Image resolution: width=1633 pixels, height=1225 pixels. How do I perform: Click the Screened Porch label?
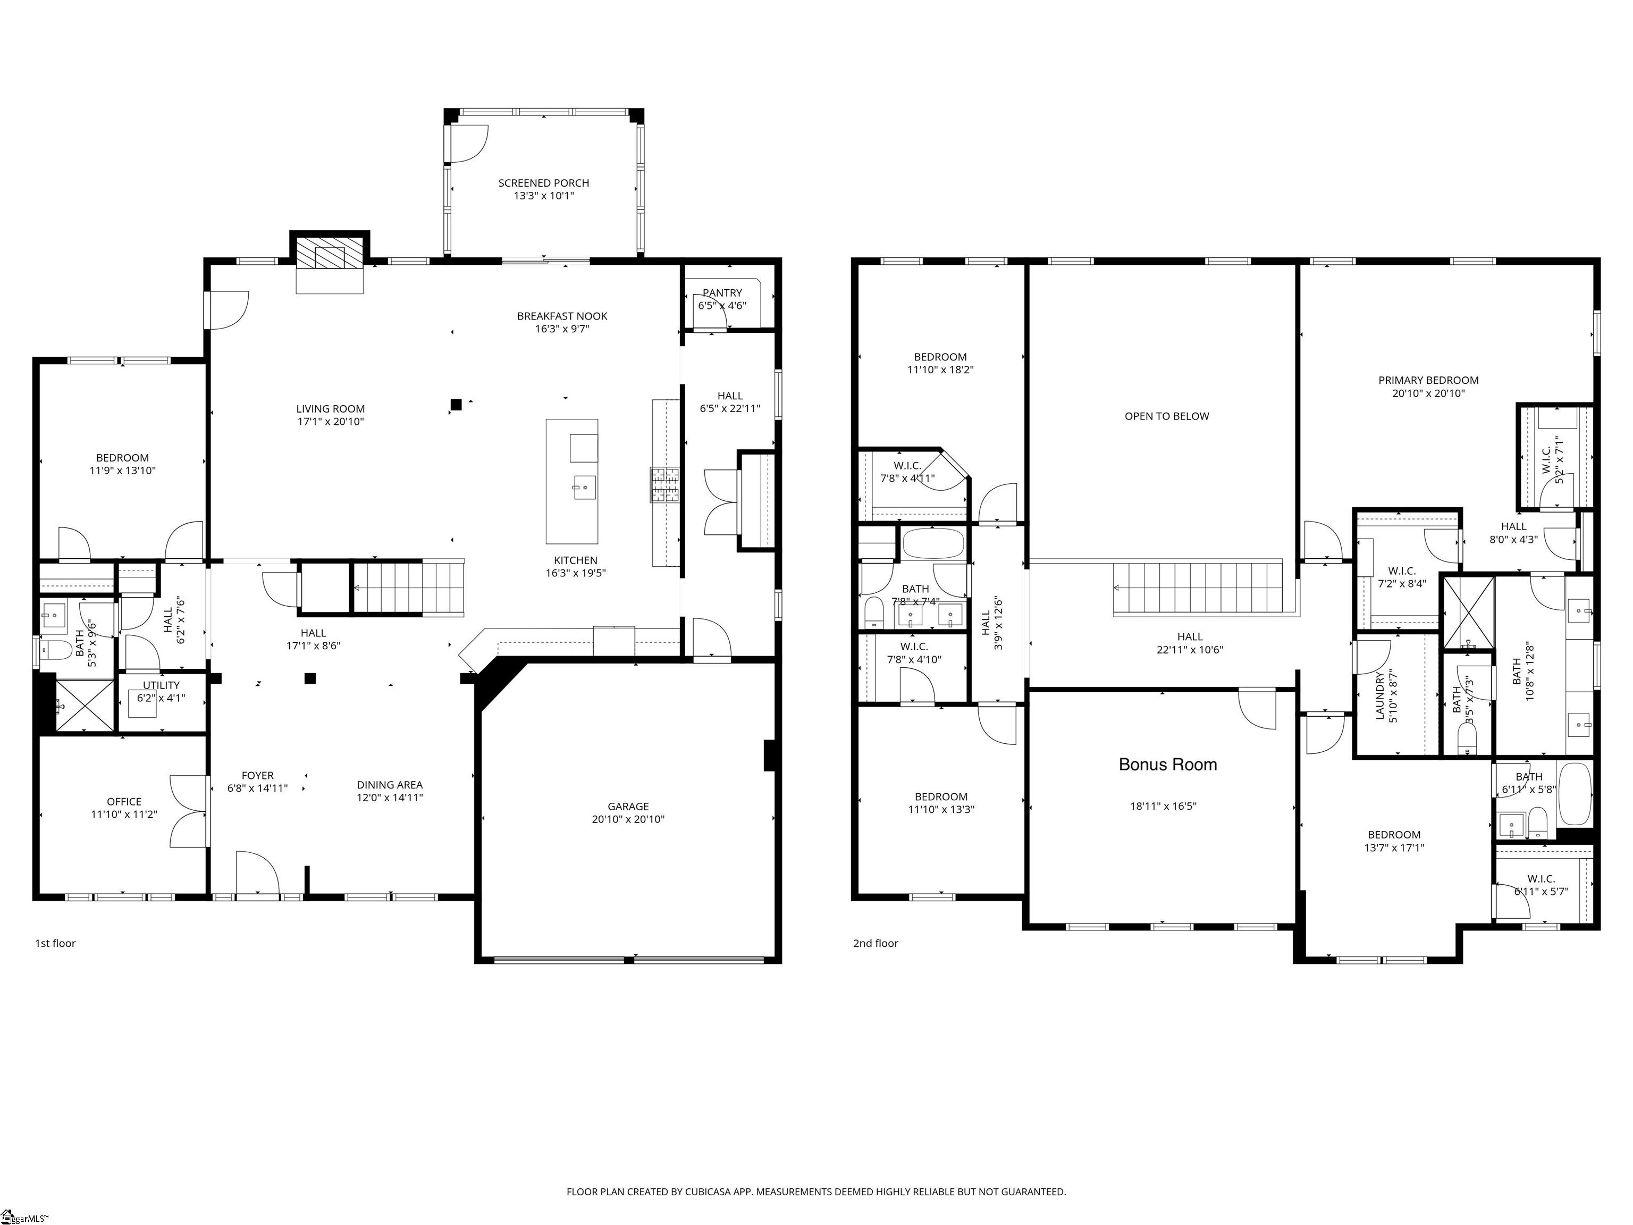click(x=543, y=183)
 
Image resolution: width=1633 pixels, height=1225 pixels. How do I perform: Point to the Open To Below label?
click(x=1166, y=416)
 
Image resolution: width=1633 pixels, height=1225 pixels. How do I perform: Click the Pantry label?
click(x=722, y=293)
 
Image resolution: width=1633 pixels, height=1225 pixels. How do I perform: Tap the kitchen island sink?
click(x=584, y=488)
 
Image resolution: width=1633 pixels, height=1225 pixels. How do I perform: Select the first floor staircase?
click(x=408, y=588)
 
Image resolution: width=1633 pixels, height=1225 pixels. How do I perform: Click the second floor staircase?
click(x=1198, y=588)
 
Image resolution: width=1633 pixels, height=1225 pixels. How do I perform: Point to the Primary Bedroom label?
click(x=1428, y=380)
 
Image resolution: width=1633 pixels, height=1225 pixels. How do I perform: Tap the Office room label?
click(x=124, y=801)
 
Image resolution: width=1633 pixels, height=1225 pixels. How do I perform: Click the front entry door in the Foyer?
click(x=257, y=876)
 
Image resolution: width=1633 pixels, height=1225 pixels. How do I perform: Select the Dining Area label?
click(x=390, y=785)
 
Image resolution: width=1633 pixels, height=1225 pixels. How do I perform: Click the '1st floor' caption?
click(x=55, y=943)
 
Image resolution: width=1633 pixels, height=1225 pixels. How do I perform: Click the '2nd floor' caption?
click(x=876, y=943)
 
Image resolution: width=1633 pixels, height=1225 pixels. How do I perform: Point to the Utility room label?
click(x=161, y=685)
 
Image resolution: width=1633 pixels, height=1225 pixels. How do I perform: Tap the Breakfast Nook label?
click(x=562, y=316)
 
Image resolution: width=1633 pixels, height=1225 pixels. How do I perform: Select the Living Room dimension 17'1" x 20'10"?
click(x=330, y=422)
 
